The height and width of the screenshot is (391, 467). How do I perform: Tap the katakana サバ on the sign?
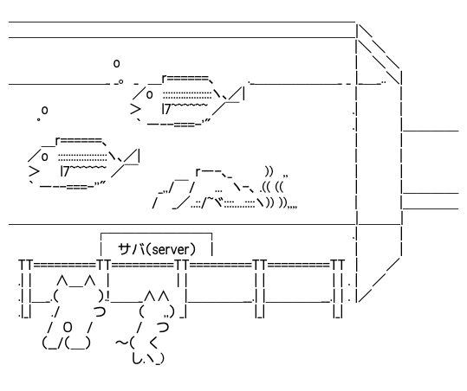coord(132,249)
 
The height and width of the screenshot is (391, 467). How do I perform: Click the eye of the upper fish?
coord(150,95)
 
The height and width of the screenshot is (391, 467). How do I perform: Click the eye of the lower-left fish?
coord(45,157)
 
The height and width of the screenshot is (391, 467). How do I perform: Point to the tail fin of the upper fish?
coord(234,94)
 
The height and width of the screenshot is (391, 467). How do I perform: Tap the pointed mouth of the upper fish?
coord(136,109)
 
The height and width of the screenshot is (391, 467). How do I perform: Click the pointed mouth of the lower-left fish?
coord(35,171)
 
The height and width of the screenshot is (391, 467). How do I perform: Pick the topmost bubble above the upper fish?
coord(116,63)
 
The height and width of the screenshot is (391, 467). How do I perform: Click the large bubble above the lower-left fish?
coord(45,111)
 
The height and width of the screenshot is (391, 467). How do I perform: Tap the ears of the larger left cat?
coord(76,280)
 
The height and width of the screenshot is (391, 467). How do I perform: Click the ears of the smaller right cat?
coord(157,297)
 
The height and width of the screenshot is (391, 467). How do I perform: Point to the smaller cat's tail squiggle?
coord(121,343)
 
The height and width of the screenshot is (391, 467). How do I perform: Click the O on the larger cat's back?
coord(68,327)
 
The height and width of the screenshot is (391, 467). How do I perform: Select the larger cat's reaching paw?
coord(100,311)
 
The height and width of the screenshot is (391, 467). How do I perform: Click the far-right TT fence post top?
coord(338,265)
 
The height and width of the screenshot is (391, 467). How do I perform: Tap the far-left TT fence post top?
coord(26,265)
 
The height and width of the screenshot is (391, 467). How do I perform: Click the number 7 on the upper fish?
coord(167,109)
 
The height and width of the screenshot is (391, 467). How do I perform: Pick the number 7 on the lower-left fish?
coord(66,171)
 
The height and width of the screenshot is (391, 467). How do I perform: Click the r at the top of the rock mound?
coord(198,172)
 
